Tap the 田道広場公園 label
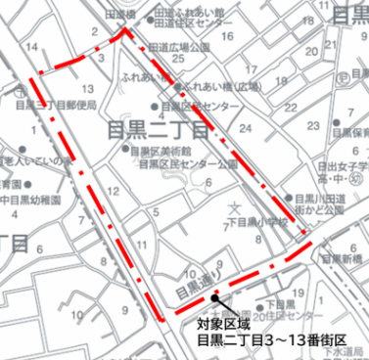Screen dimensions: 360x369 [180, 47]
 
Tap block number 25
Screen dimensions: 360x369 [176, 61]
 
